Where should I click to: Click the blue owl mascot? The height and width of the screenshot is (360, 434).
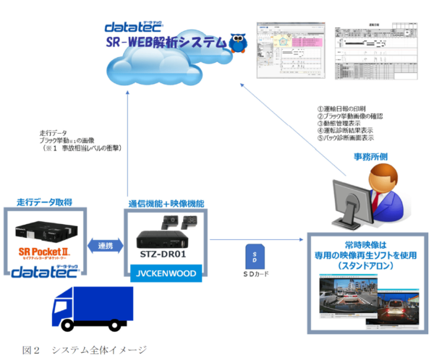pos(238,42)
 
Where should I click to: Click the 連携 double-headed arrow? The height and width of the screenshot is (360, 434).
pos(104,247)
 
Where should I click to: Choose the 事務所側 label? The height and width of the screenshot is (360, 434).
pos(369,155)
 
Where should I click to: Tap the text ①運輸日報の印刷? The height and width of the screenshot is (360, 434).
pos(344,107)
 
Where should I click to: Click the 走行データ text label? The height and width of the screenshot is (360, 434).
pos(54,134)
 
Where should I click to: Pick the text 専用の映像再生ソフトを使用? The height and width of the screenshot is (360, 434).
pos(367,256)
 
